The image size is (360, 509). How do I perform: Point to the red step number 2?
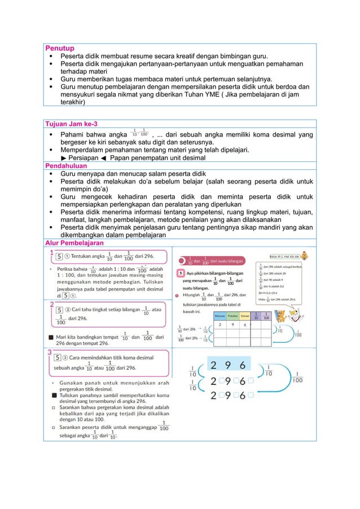52,304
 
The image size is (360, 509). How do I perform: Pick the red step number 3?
52,352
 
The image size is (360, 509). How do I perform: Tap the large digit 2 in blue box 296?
216,365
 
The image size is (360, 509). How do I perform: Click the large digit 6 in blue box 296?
243,365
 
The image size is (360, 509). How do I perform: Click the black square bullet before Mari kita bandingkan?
52,337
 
